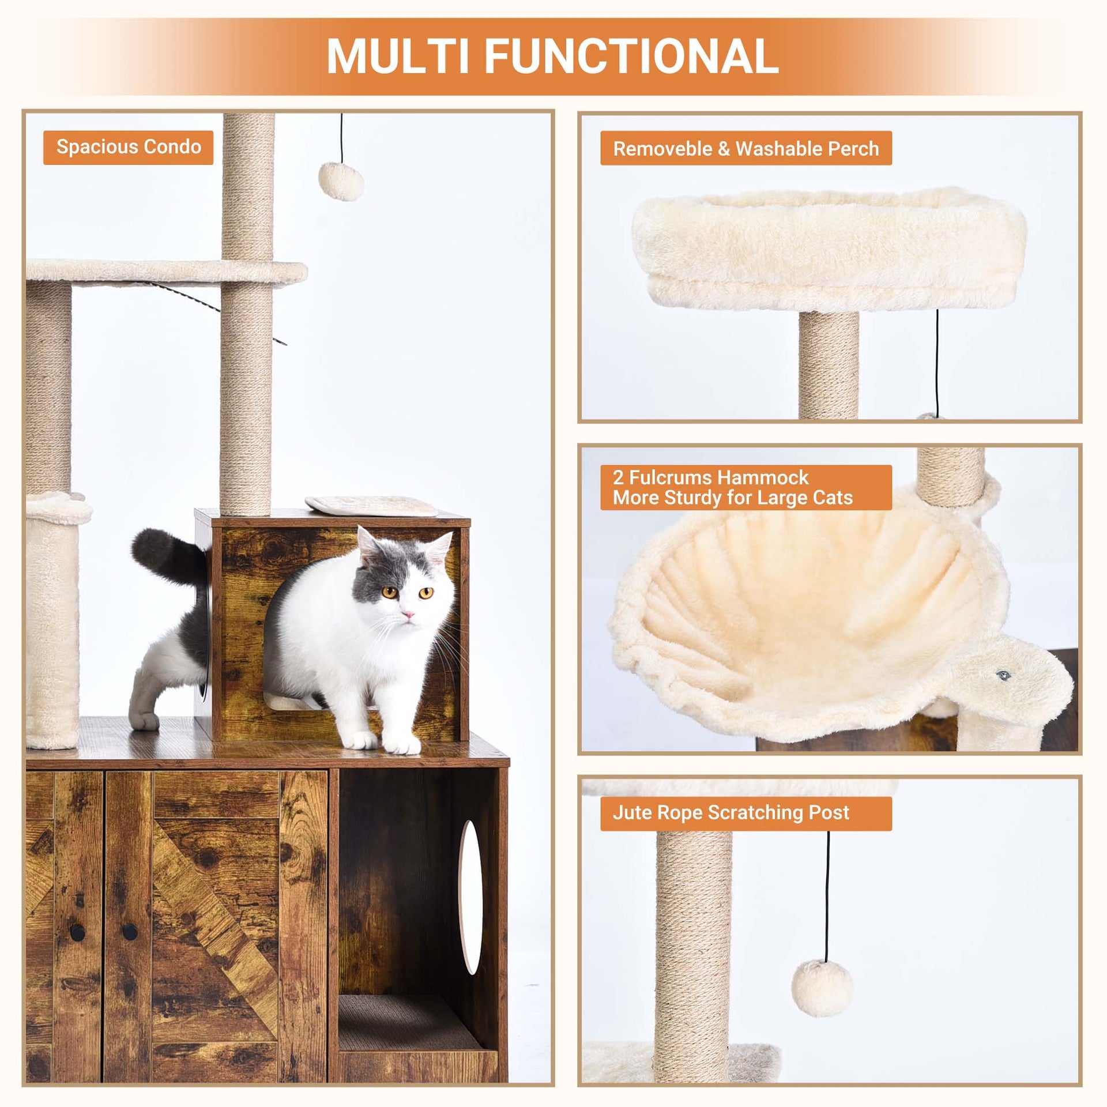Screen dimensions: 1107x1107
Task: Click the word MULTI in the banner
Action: [398, 57]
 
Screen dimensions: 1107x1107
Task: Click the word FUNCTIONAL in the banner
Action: [632, 57]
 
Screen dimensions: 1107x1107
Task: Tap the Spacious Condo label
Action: [128, 148]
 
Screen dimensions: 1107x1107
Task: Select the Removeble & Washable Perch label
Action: [746, 149]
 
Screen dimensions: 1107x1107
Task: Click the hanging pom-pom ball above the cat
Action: [341, 181]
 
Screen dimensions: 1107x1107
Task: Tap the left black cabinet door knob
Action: [77, 932]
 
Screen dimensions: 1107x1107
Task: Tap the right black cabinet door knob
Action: [130, 931]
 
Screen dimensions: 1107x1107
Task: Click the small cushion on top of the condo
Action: [371, 506]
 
